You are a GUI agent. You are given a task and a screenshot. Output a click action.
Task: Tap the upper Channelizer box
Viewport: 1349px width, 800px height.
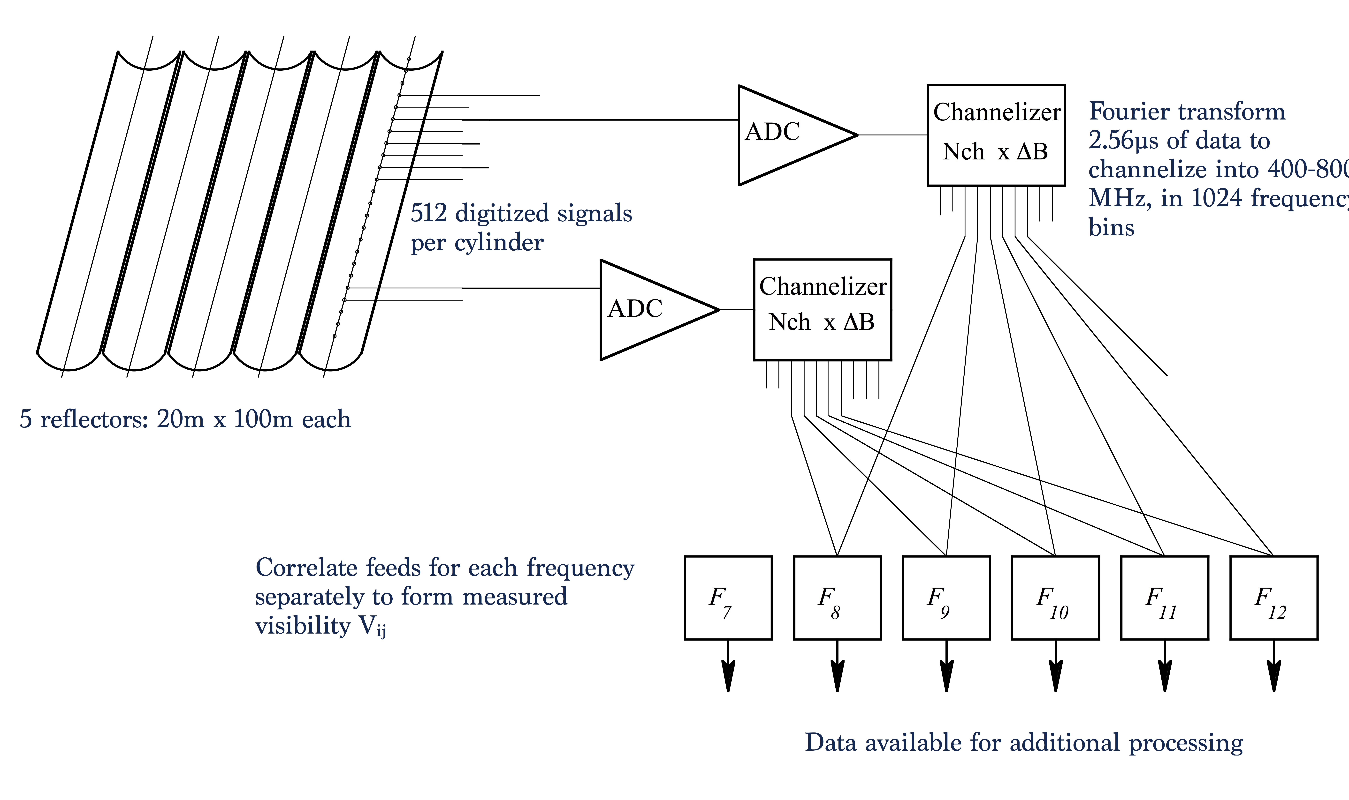996,135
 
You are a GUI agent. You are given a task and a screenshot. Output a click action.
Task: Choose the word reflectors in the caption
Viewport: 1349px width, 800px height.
94,419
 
